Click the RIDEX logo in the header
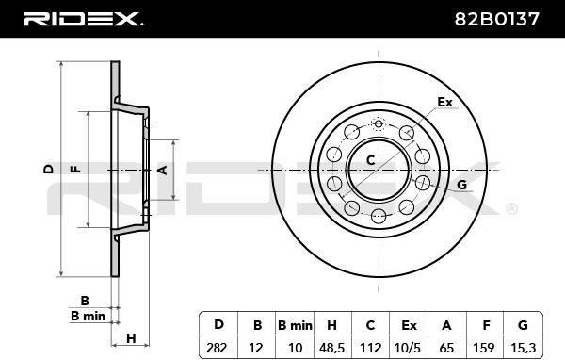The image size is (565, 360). [83, 19]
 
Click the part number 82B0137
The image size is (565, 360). [496, 19]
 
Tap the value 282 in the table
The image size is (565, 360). [217, 348]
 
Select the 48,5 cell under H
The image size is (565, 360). [331, 348]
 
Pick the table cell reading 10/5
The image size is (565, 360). [407, 348]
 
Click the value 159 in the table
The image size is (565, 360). [484, 348]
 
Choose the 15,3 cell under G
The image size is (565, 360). [524, 348]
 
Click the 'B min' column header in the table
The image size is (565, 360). [295, 325]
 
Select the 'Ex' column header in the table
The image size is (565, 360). [409, 325]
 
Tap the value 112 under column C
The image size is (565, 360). [370, 348]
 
